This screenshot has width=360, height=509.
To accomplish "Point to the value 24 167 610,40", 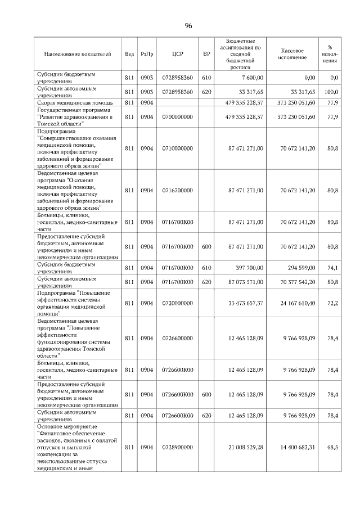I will pos(296,303).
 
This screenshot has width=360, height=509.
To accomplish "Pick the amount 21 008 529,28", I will pos(246,447).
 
